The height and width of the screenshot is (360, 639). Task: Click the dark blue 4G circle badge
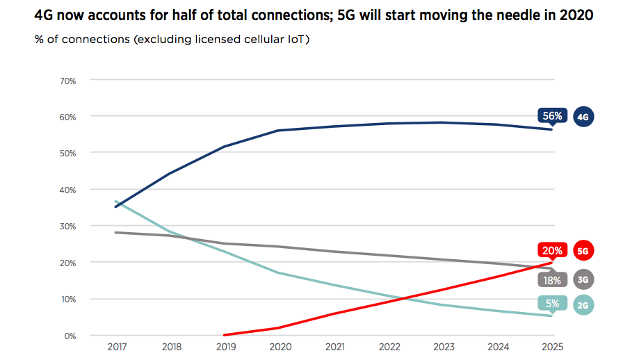click(583, 117)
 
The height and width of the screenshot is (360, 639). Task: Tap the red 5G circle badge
click(583, 250)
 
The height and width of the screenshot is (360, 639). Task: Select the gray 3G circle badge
click(583, 279)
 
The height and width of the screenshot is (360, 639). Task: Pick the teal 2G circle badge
click(583, 304)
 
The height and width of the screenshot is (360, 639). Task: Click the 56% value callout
click(553, 116)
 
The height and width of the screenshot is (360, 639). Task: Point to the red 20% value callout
click(553, 250)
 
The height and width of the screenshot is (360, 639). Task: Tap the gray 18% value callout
click(553, 279)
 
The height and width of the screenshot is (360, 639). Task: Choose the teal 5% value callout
click(553, 303)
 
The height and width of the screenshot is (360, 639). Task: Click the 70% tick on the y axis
click(67, 81)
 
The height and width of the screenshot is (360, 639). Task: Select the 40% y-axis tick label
click(67, 190)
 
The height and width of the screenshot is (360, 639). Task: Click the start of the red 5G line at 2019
click(224, 334)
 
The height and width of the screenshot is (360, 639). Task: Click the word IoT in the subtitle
click(296, 39)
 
